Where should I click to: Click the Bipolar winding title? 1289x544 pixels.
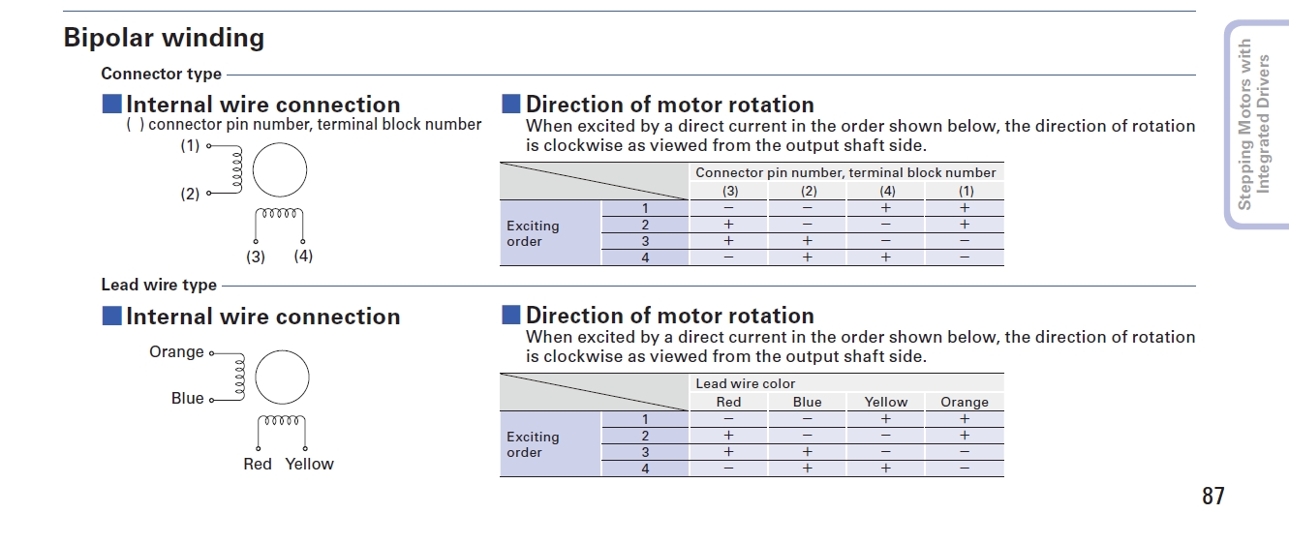[164, 38]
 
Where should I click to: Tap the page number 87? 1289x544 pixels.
[1213, 496]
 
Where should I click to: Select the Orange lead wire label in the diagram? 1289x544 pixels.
[176, 352]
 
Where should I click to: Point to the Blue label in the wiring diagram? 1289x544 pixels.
[187, 398]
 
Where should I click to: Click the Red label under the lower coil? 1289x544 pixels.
[258, 464]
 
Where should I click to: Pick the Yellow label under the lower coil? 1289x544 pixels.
[310, 464]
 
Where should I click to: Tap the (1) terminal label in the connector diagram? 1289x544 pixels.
[190, 145]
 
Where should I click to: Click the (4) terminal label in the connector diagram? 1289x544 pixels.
[303, 256]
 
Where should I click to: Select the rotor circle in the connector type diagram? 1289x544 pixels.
[280, 169]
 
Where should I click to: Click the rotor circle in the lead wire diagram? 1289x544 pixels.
[282, 378]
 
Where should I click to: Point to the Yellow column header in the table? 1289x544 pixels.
[885, 402]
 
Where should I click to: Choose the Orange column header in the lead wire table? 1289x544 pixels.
[965, 402]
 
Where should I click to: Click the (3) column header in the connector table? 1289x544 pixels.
[729, 191]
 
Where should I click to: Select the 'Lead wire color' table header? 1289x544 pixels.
[745, 383]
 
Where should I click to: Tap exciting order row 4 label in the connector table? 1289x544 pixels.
[645, 257]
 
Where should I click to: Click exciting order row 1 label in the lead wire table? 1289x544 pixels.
[645, 419]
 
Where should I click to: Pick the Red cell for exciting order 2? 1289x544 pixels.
[728, 436]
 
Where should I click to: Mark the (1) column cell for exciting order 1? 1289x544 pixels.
[965, 207]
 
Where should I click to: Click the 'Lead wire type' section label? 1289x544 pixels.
[159, 285]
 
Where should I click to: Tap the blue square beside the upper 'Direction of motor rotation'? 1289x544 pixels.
[511, 105]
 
